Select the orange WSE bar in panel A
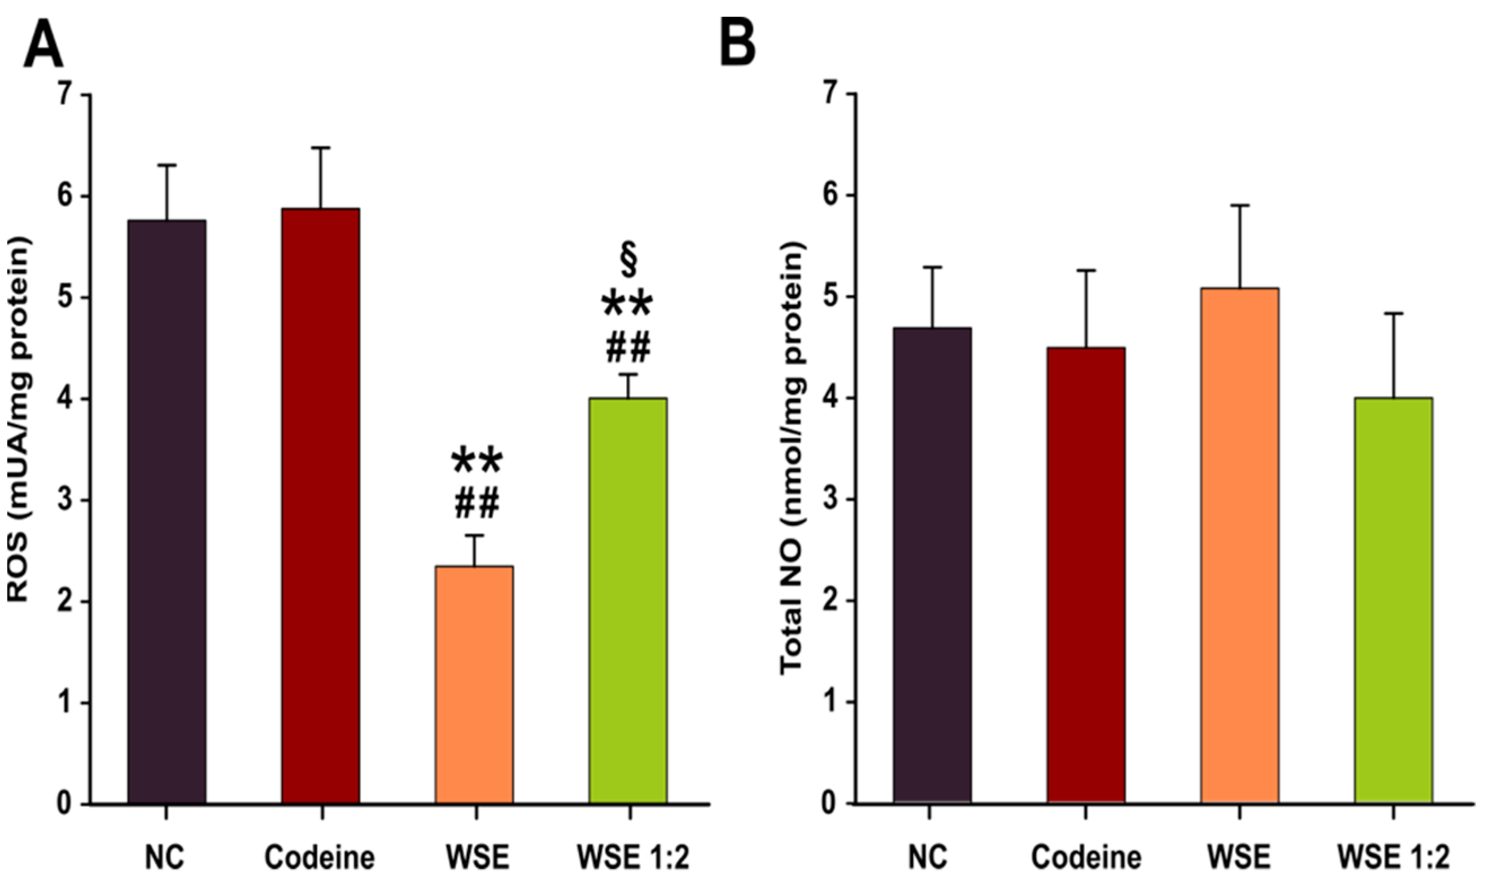pyautogui.click(x=474, y=683)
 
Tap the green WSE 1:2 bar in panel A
pyautogui.click(x=628, y=600)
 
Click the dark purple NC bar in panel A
pyautogui.click(x=167, y=511)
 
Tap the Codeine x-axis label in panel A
pyautogui.click(x=320, y=857)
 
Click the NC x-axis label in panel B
pyautogui.click(x=931, y=857)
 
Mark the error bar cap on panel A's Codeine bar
pyautogui.click(x=321, y=148)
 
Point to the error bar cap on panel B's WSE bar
pyautogui.click(x=1239, y=206)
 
